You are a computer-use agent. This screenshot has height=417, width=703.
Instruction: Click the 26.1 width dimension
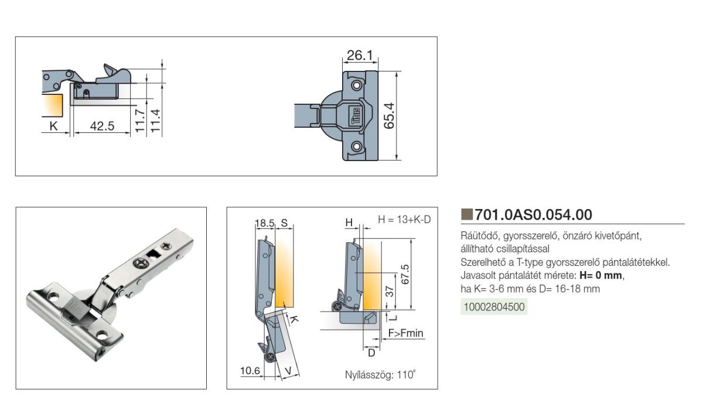pyautogui.click(x=359, y=56)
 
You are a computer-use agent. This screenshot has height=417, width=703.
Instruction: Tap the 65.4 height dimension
pyautogui.click(x=389, y=115)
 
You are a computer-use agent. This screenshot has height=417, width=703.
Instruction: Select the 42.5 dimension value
pyautogui.click(x=102, y=126)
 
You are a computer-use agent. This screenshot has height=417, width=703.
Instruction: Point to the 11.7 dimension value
pyautogui.click(x=140, y=121)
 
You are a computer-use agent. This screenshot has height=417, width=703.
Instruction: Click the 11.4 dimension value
pyautogui.click(x=155, y=121)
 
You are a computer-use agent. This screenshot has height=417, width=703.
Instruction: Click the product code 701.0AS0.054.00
pyautogui.click(x=533, y=214)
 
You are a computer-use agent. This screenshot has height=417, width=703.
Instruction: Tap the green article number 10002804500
pyautogui.click(x=494, y=307)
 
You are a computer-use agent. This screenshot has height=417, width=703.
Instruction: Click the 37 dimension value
pyautogui.click(x=388, y=291)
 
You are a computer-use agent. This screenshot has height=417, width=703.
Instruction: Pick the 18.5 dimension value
pyautogui.click(x=265, y=223)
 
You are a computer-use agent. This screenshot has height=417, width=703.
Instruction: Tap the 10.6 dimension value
pyautogui.click(x=250, y=370)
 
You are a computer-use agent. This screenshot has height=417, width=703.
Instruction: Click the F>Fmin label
pyautogui.click(x=405, y=334)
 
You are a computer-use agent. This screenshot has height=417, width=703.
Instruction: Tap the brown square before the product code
pyautogui.click(x=466, y=213)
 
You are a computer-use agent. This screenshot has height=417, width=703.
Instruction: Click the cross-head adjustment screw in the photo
pyautogui.click(x=141, y=264)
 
